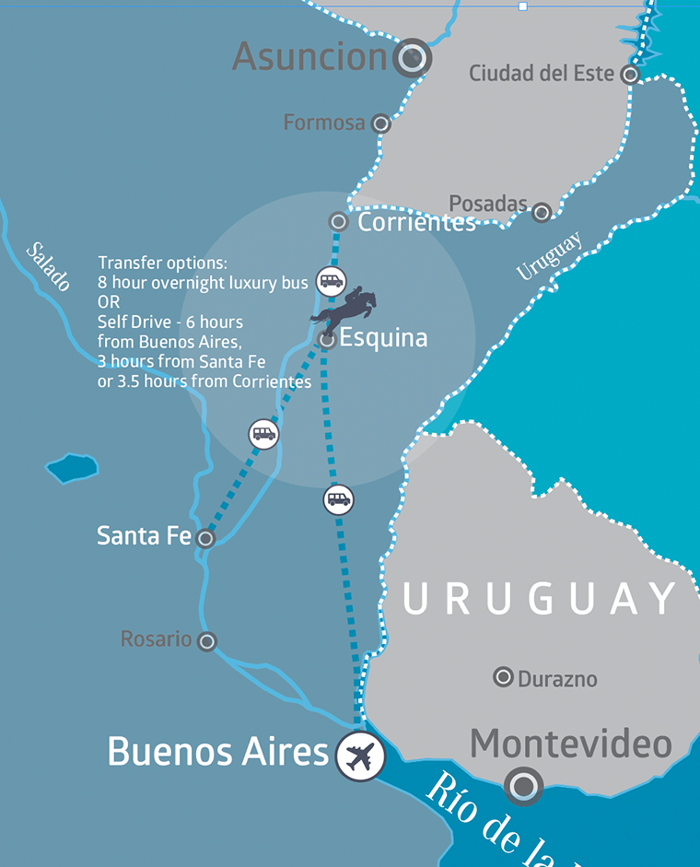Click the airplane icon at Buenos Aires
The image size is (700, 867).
coord(360,756)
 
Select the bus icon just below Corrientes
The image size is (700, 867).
coord(331,280)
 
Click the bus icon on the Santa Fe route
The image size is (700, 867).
coord(263,433)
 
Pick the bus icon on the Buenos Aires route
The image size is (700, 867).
coord(339,499)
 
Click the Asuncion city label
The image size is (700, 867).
coord(310,57)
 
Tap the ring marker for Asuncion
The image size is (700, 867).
coord(412,58)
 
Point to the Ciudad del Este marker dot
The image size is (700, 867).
coord(630,75)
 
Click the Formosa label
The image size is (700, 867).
coord(324,123)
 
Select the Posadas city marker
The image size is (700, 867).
coord(542,213)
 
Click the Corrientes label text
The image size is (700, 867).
coord(416,222)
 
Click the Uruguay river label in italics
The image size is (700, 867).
coord(550,255)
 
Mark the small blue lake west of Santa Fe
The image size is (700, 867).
coord(72,468)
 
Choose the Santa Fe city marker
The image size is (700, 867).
coord(205,538)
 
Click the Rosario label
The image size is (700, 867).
coord(157,639)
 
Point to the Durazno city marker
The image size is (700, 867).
coord(503,677)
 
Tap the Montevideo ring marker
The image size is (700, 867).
coord(523,786)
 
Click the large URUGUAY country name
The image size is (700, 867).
coord(540,600)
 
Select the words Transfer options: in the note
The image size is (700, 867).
coord(162,263)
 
